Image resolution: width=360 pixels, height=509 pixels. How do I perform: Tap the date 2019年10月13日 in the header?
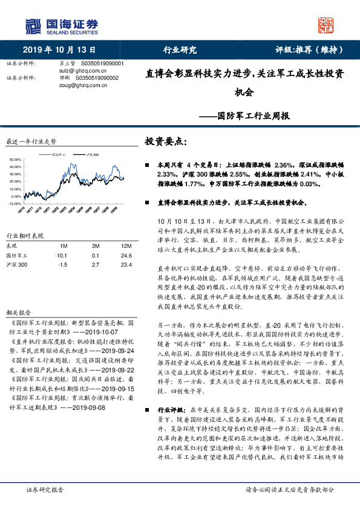[54, 50]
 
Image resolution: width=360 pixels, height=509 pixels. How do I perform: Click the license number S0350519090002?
[97, 78]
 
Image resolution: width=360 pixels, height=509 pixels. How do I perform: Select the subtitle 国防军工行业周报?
[254, 114]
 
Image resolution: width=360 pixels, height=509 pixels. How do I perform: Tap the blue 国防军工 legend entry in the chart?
[59, 155]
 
